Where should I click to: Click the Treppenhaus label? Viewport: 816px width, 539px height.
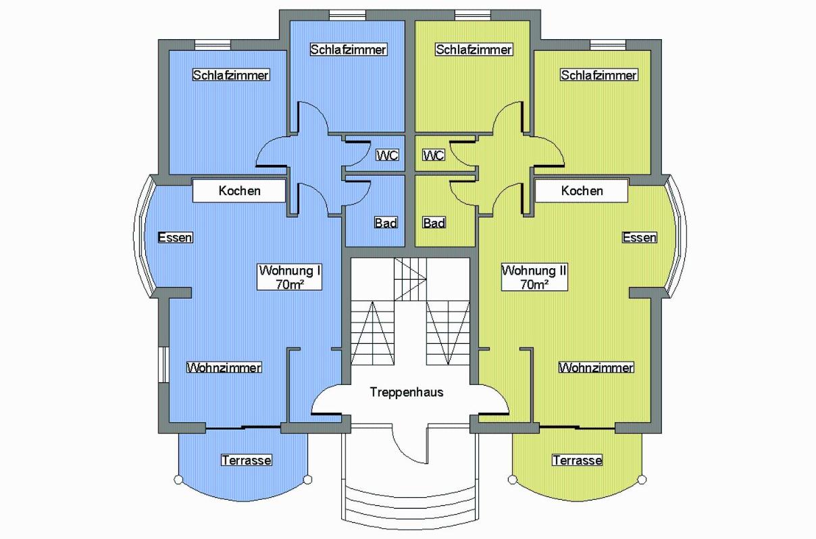click(407, 392)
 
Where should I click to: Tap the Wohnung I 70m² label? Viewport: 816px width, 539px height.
click(290, 277)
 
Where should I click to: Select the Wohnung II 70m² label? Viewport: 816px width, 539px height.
click(534, 277)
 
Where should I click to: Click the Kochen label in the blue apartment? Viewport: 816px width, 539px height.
click(239, 190)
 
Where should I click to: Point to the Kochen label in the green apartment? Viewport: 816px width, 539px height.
click(582, 190)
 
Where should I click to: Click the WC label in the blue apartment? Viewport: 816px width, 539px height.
click(387, 155)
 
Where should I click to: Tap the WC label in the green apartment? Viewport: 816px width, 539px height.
click(434, 155)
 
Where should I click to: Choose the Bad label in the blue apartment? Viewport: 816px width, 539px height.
click(386, 222)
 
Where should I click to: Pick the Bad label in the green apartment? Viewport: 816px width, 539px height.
click(434, 222)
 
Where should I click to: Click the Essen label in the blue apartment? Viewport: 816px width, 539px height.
click(175, 238)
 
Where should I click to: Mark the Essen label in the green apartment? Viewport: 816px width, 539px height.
click(639, 238)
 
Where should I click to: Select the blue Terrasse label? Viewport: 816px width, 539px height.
click(247, 460)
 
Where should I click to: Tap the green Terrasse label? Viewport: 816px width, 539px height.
click(578, 460)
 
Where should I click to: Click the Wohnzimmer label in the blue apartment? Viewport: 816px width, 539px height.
click(224, 367)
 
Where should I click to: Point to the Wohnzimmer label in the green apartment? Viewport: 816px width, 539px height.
click(596, 367)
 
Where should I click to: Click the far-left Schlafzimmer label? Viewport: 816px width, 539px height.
click(231, 75)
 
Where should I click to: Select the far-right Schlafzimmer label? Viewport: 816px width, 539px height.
click(599, 75)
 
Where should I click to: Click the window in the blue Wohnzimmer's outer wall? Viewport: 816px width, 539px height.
click(163, 365)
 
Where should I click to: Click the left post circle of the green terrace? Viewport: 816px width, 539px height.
click(513, 480)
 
